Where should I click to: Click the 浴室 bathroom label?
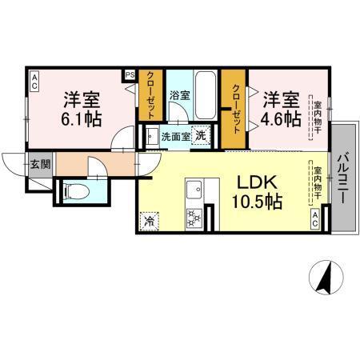coord(179,95)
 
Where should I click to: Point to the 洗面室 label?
coord(175,136)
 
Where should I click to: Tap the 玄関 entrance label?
coord(39,166)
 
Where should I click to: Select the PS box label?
coord(130,76)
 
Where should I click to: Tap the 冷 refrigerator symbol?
coord(148,219)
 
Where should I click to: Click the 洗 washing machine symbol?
coord(201,135)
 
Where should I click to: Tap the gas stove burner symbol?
coord(194,217)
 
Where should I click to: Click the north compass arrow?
coord(326,277)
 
